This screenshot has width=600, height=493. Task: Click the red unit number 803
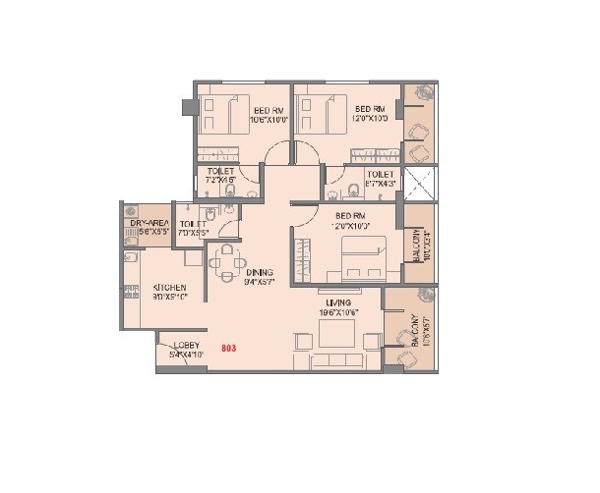[229, 348]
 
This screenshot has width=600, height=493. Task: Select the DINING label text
[260, 273]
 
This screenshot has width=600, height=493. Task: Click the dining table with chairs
[227, 261]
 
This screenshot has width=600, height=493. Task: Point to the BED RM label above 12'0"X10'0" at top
[369, 108]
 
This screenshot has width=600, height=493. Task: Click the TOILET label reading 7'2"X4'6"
[220, 172]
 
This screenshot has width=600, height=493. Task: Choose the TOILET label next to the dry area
[193, 224]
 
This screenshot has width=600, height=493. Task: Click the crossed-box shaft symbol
[418, 181]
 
